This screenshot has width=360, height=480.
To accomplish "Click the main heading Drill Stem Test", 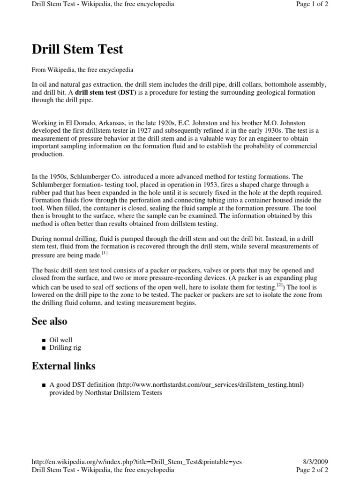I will point(77,49).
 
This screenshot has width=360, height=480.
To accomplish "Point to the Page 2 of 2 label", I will point(312,469).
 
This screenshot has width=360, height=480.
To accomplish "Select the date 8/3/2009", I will point(316,462).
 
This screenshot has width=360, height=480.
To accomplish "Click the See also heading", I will point(49,321).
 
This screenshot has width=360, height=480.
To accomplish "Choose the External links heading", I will point(63,366).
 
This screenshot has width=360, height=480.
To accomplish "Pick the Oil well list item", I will point(61,340).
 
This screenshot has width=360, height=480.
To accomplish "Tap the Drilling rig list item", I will point(65,348).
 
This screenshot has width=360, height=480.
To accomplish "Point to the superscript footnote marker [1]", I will point(105,253).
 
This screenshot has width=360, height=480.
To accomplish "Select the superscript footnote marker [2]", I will point(280,285).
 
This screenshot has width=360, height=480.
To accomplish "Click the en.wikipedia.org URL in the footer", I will point(136,462).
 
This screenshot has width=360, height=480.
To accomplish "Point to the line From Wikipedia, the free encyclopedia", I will point(82,70).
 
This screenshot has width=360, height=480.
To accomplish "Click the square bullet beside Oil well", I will point(44,340).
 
